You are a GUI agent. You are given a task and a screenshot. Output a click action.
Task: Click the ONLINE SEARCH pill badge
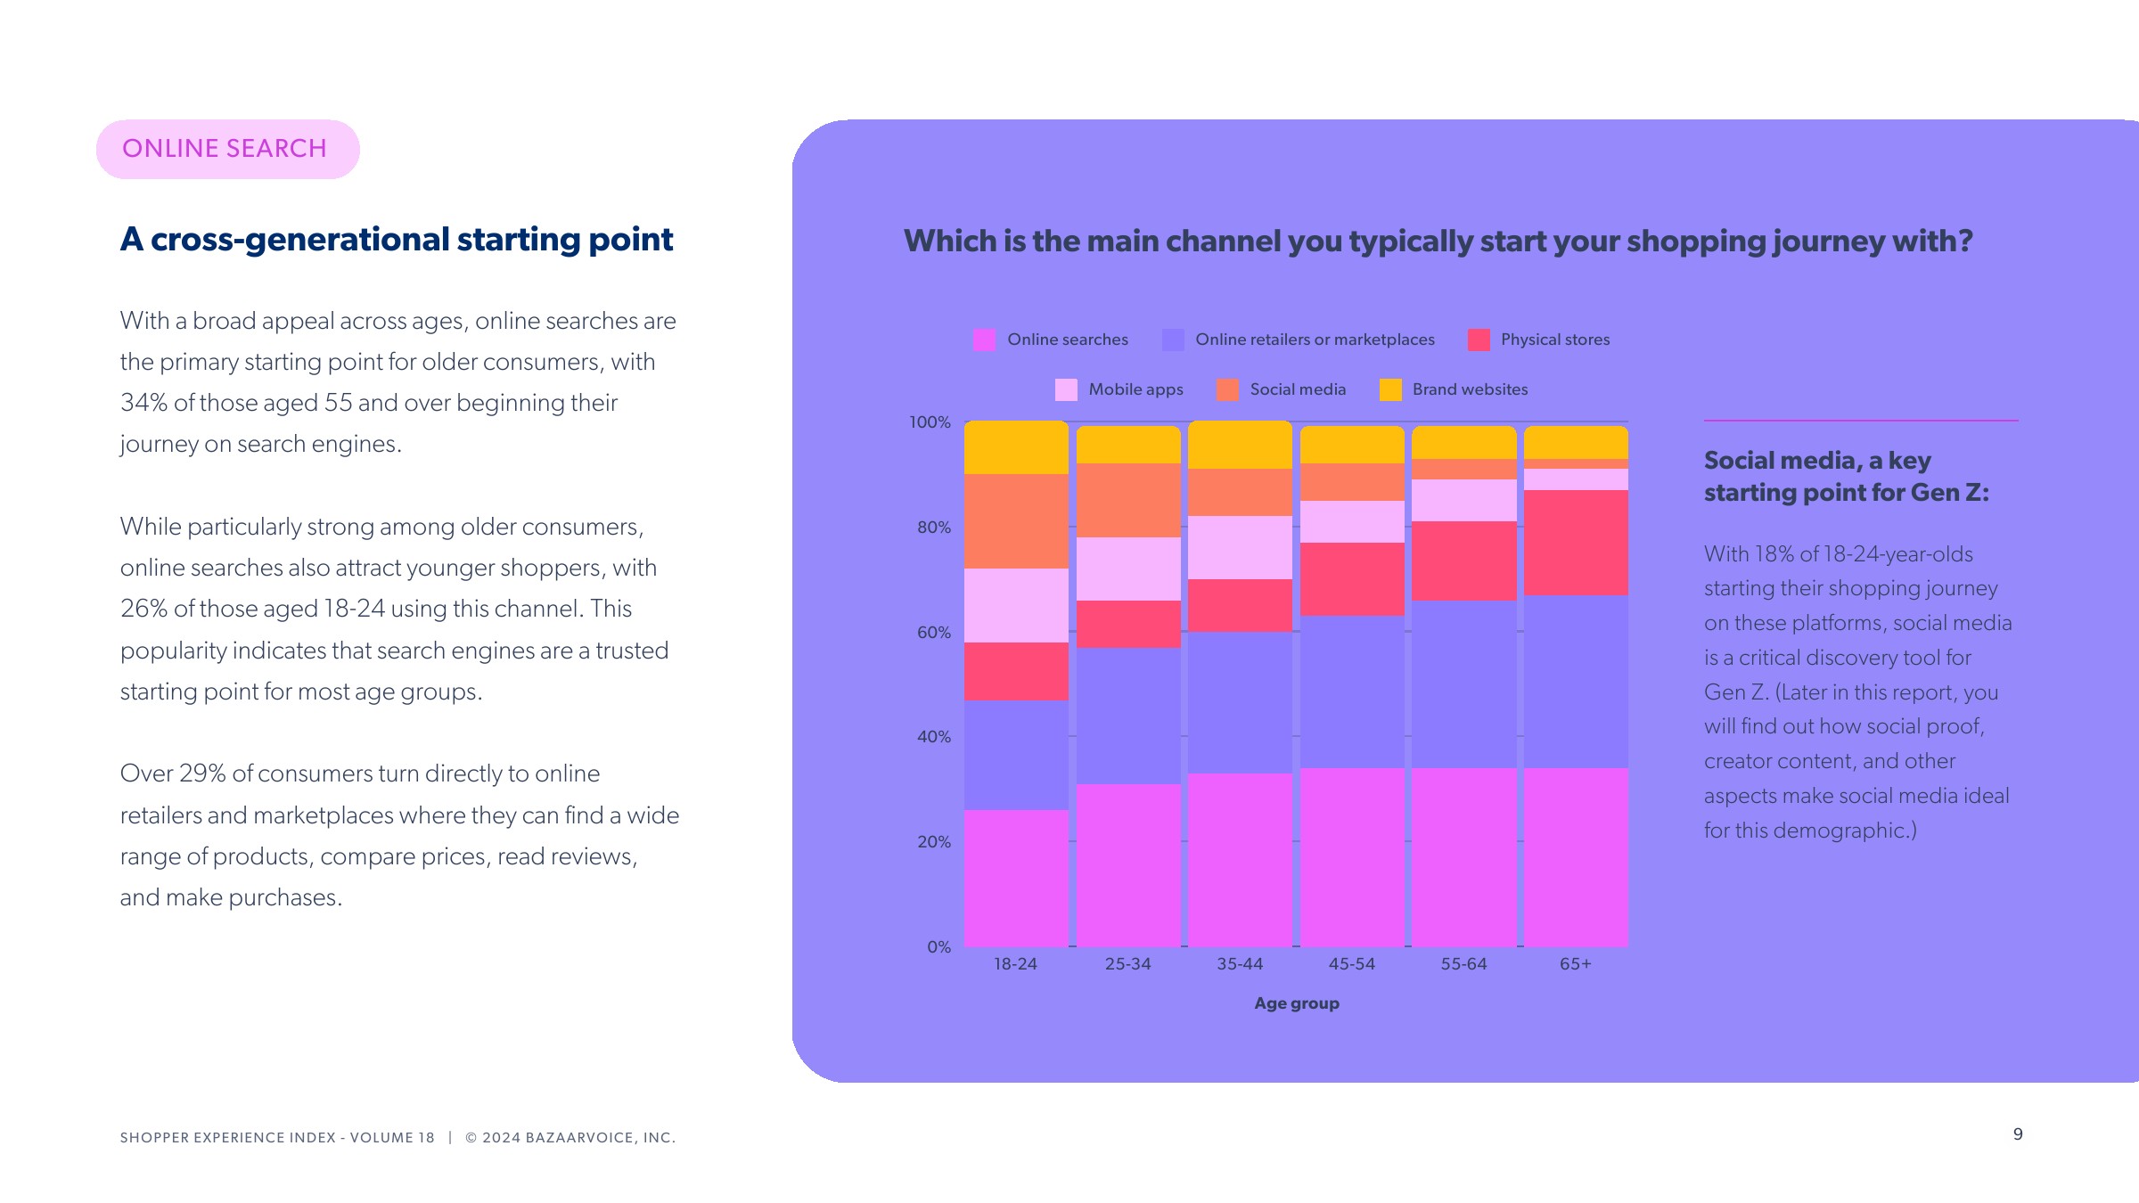pos(227,149)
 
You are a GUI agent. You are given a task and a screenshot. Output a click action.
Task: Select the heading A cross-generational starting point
pos(397,240)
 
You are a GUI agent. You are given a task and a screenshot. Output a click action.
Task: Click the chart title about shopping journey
pos(1438,241)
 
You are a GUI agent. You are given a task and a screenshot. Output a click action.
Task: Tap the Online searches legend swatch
pos(984,340)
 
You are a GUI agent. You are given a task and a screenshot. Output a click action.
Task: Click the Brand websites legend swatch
pos(1389,389)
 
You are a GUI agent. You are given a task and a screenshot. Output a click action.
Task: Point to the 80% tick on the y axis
pos(934,528)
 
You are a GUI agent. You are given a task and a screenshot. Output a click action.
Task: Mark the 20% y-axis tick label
pos(934,842)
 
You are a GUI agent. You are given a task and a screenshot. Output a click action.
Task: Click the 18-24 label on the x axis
pos(1015,964)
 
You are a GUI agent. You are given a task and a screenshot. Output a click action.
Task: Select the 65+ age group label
pos(1575,964)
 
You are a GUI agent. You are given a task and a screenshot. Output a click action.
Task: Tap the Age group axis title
pos(1297,1003)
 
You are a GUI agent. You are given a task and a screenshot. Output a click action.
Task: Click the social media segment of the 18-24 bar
pos(1016,521)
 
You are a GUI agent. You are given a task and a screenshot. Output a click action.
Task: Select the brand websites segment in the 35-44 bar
pos(1240,446)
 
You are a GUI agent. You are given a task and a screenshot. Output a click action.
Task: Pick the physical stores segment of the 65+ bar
pos(1575,543)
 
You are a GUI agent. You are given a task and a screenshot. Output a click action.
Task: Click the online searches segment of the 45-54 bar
pos(1352,856)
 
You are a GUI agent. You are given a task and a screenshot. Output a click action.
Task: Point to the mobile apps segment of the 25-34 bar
pos(1128,569)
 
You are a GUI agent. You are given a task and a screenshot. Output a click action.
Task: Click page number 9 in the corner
pos(2018,1134)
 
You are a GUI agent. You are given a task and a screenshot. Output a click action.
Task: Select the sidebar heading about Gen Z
pos(1846,477)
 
